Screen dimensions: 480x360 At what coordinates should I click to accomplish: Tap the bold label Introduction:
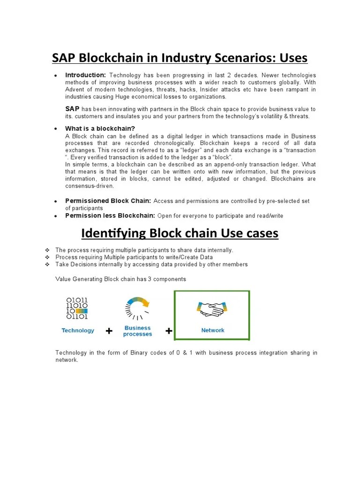[x=86, y=75]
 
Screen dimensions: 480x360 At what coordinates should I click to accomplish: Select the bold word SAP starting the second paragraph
[x=72, y=108]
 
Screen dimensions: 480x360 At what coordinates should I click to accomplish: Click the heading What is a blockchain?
[x=100, y=128]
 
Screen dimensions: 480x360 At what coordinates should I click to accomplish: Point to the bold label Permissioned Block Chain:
[x=108, y=201]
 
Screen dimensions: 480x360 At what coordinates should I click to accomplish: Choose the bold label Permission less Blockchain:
[x=110, y=216]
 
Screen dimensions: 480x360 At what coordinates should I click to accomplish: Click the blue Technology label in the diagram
[x=78, y=330]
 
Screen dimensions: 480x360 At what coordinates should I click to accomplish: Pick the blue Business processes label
[x=137, y=331]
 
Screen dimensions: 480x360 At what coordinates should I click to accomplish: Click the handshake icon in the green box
[x=212, y=308]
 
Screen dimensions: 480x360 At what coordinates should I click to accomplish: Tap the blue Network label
[x=213, y=330]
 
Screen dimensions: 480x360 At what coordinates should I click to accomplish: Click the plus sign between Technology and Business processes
[x=109, y=331]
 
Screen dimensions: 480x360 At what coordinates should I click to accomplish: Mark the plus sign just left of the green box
[x=169, y=331]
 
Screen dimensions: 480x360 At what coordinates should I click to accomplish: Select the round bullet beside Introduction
[x=55, y=75]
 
